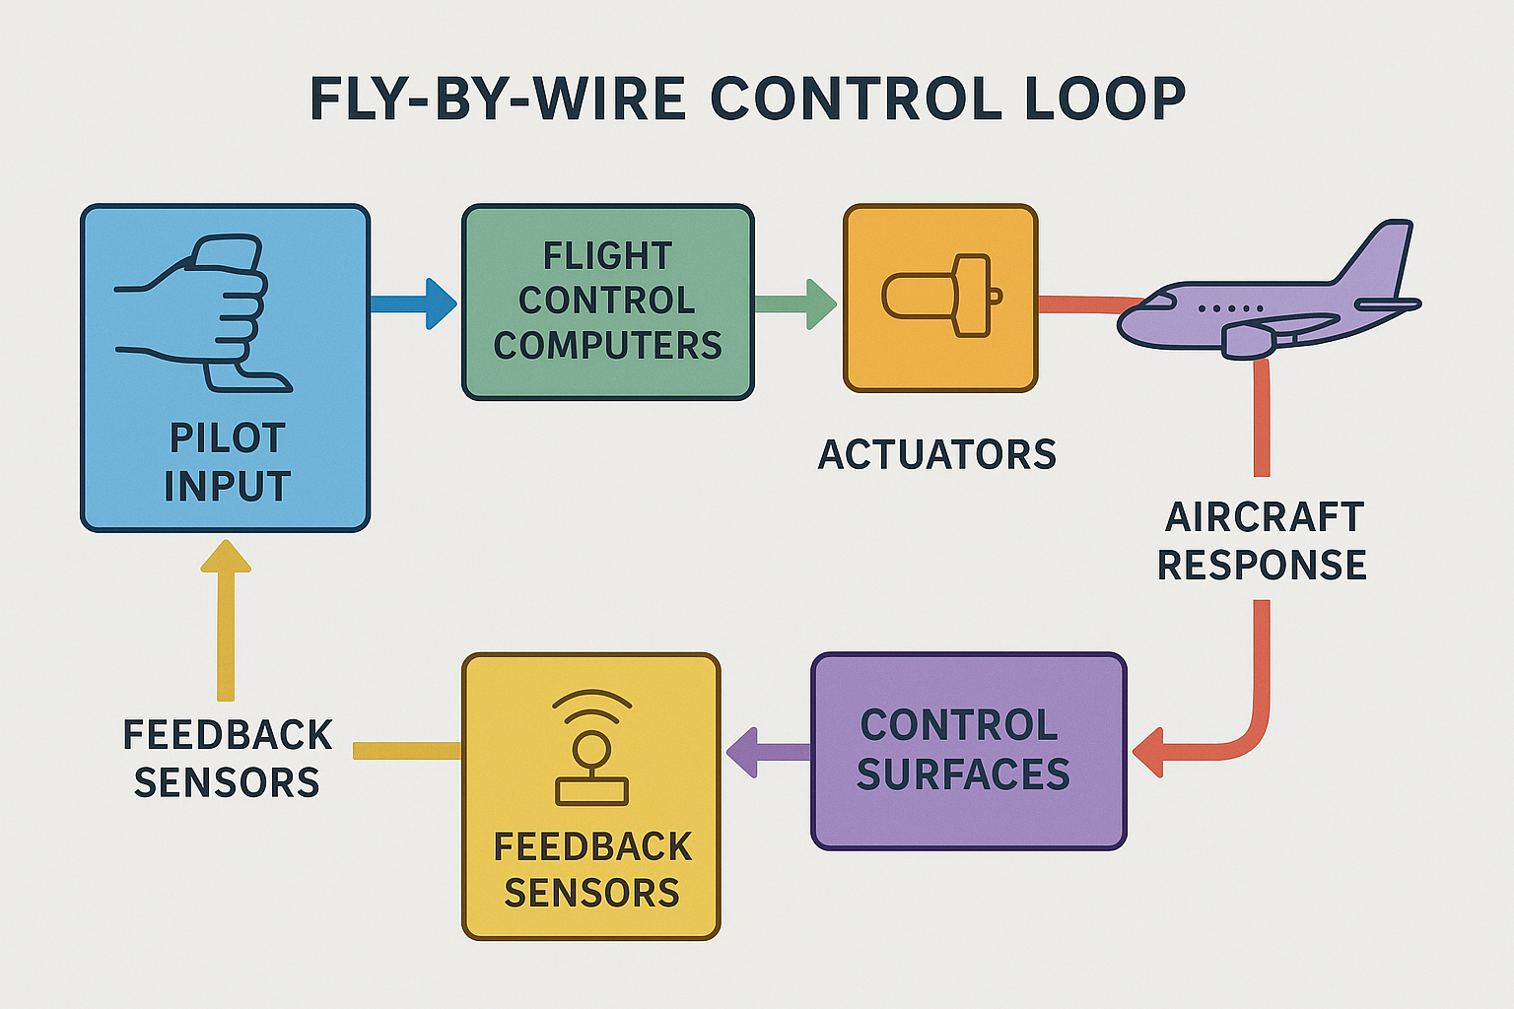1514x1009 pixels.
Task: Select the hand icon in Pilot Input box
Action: [203, 313]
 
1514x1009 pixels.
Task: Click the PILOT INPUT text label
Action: [227, 461]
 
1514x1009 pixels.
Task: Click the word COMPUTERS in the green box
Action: [607, 345]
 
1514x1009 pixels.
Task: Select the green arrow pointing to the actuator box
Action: [795, 304]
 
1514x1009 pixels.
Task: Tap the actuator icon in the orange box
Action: [941, 296]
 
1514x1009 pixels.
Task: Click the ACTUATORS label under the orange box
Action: [936, 454]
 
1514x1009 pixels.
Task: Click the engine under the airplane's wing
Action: [1248, 341]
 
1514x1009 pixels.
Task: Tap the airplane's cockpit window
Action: [1157, 300]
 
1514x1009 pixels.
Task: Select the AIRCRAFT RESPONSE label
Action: [1262, 541]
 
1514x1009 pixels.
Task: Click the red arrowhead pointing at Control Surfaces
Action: [1147, 752]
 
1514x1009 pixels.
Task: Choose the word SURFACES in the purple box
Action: [963, 774]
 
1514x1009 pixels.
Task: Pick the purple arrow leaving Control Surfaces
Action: [769, 752]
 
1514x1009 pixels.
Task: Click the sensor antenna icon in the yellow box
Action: [592, 748]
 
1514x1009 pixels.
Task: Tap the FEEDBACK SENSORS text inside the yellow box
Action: [592, 870]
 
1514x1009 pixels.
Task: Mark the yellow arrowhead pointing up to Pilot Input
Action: [226, 556]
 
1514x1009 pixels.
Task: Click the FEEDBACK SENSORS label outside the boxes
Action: [227, 759]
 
